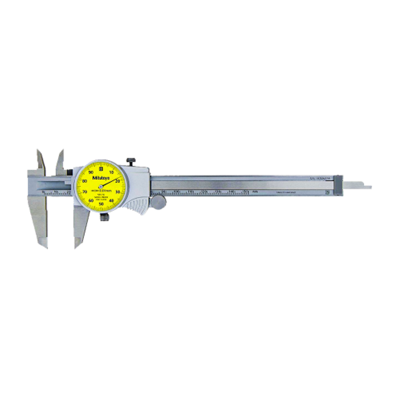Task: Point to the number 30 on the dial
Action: (117, 192)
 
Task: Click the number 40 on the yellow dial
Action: (111, 200)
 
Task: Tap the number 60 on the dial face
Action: (91, 200)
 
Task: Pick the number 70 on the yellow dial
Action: (85, 192)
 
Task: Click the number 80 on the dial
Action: (85, 181)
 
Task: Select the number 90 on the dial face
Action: (91, 172)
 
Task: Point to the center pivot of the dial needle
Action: (101, 187)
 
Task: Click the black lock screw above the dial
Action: (131, 161)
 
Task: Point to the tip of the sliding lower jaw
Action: (77, 245)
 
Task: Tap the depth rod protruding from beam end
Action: (359, 187)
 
